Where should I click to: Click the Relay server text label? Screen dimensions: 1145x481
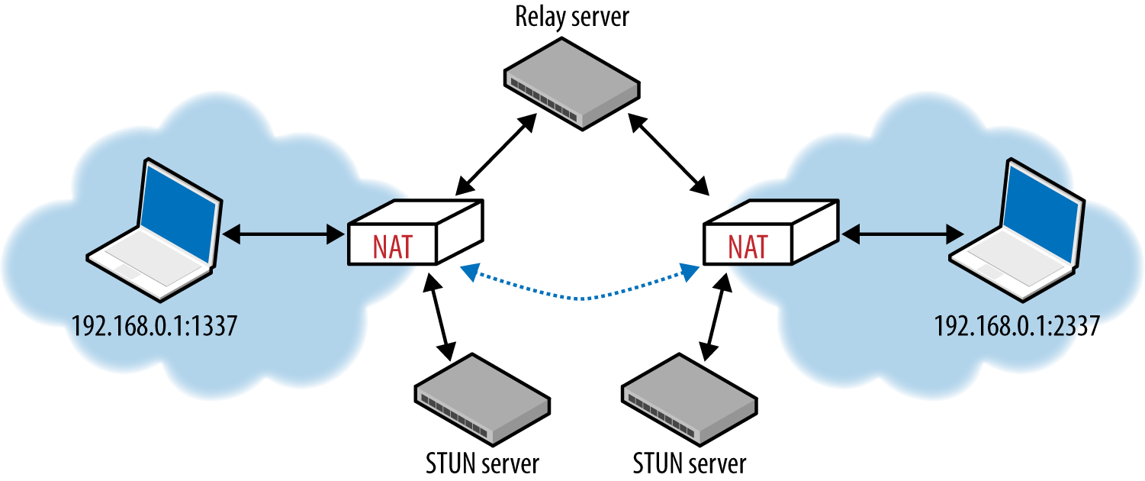572,18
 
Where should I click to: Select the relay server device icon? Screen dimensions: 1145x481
572,84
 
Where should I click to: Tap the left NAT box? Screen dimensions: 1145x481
416,232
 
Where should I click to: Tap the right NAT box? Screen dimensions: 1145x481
770,232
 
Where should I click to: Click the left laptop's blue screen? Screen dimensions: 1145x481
179,210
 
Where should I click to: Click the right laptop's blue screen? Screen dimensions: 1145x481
1042,210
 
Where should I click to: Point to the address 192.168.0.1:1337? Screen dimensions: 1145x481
154,325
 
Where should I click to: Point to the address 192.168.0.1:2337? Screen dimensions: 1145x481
1017,325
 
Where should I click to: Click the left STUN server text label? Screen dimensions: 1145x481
482,463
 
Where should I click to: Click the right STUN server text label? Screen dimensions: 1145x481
689,463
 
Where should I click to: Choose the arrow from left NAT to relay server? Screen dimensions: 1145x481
496,154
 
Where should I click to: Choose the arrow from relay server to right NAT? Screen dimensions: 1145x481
668,154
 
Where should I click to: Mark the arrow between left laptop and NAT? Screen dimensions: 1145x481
284,234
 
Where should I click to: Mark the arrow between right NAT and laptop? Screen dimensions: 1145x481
902,234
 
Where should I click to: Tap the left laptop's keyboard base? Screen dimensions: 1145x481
150,263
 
